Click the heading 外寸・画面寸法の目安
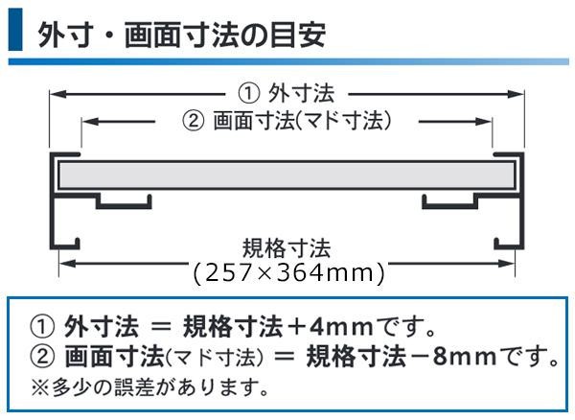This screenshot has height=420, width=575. click(x=181, y=35)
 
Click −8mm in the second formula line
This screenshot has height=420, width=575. click(x=441, y=359)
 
